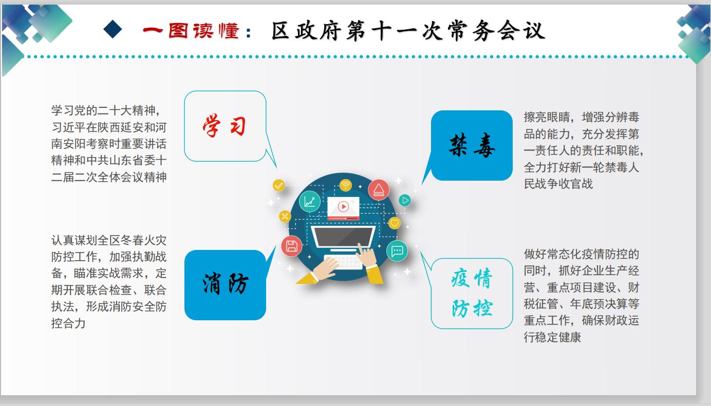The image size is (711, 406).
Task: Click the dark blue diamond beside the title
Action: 113,29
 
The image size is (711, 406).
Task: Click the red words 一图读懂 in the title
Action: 191,31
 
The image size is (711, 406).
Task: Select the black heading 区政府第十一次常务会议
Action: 408,31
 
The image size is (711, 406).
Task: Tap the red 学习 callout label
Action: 224,126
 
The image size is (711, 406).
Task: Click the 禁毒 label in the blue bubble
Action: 472,145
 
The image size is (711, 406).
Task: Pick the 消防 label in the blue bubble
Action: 225,283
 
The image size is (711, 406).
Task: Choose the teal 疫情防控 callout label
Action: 472,293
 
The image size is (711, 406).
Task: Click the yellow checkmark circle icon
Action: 278,185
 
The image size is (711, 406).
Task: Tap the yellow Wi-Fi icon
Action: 346,185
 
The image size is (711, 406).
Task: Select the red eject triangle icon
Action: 379,190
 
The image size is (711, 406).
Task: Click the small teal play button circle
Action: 405,200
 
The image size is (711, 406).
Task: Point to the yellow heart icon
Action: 394,223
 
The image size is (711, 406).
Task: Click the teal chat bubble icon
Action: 397,251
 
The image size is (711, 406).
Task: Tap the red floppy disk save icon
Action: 291,246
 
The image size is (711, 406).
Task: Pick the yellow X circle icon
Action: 285,216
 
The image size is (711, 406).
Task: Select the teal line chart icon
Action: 309,202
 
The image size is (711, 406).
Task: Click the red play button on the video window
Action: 343,207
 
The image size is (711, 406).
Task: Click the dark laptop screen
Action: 343,236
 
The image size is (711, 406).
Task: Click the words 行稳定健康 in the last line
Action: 552,337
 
